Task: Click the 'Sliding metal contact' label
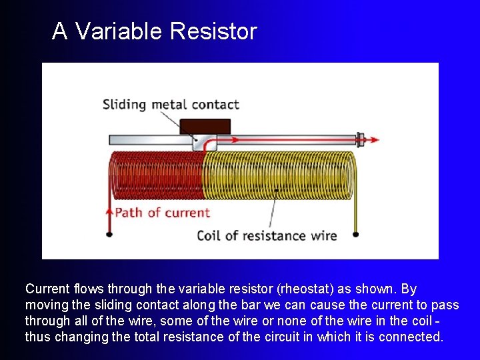point(170,105)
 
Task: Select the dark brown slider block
point(205,126)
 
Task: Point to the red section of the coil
point(156,175)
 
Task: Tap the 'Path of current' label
point(162,213)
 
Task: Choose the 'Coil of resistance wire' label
point(267,235)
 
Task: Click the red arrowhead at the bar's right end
point(375,140)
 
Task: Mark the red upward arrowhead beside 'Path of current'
point(109,211)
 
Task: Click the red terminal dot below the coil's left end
point(109,234)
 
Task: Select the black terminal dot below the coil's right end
point(355,234)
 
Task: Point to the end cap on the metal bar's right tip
point(360,140)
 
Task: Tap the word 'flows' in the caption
point(91,289)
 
